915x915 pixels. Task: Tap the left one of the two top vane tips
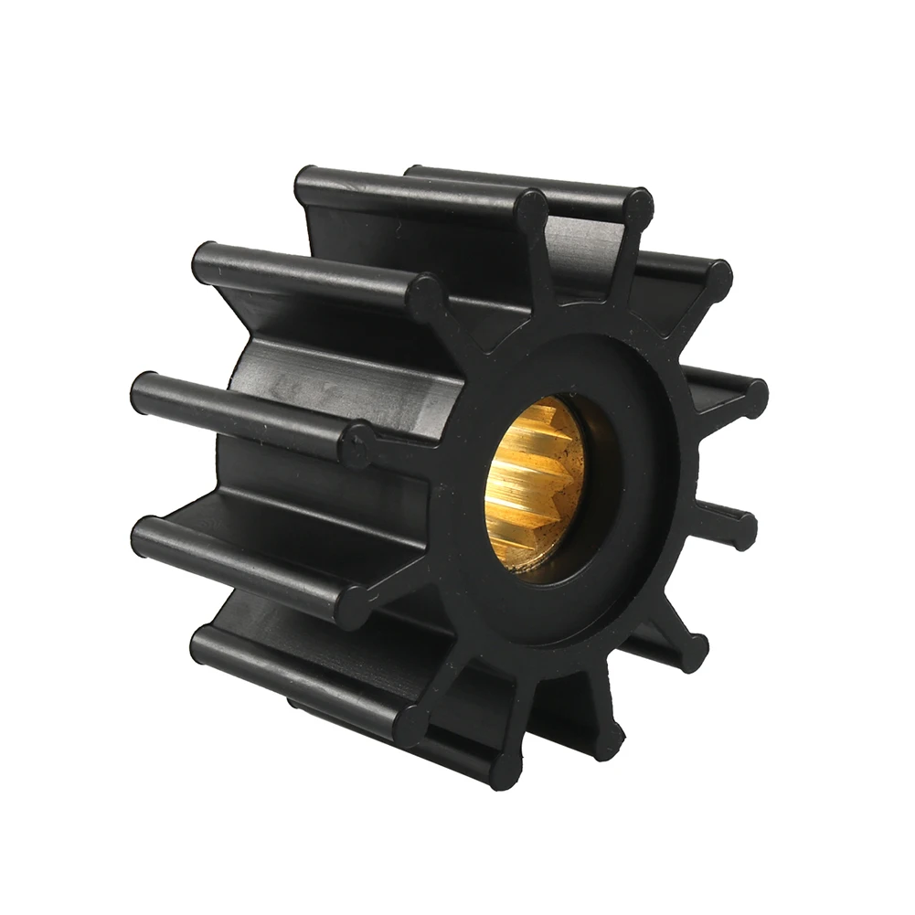(531, 208)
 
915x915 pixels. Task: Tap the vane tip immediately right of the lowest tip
(607, 730)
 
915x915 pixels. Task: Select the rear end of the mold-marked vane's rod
(146, 388)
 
